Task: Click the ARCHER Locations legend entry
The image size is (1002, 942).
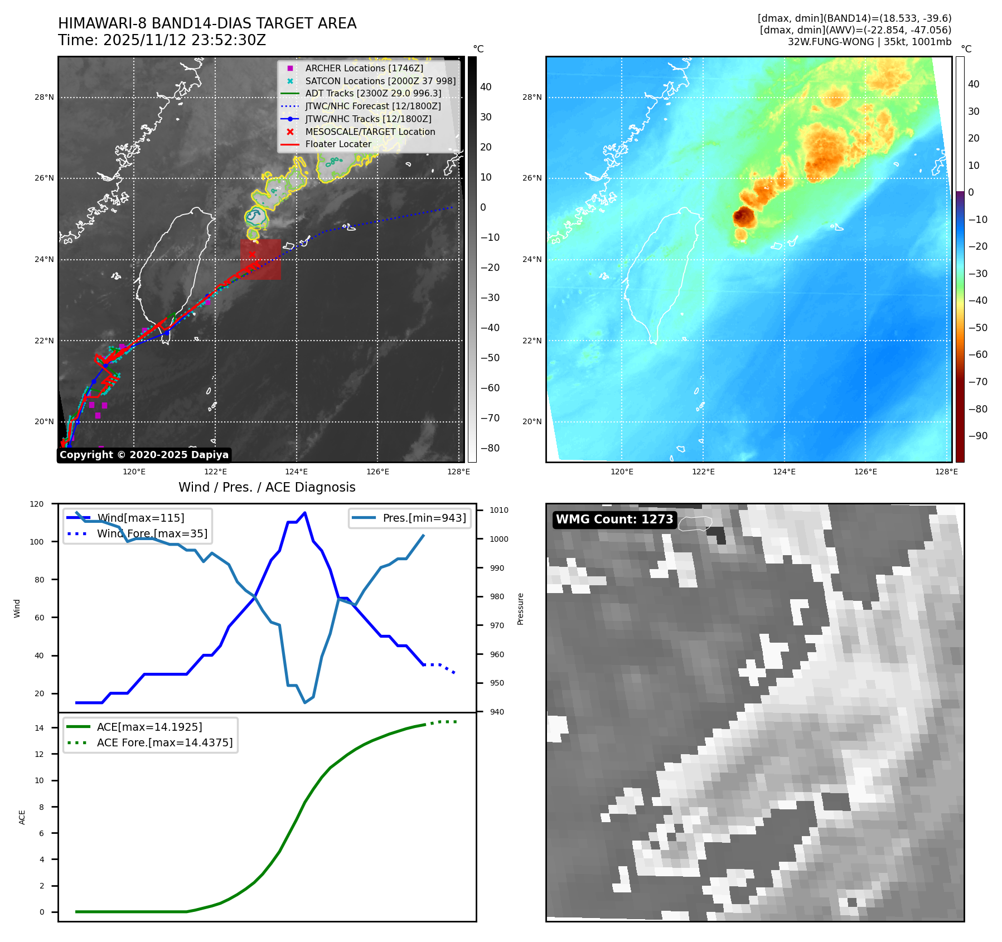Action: click(364, 68)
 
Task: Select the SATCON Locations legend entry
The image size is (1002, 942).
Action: click(380, 81)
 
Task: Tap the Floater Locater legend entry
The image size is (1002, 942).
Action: click(338, 144)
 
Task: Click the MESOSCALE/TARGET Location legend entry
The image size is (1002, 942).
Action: click(370, 132)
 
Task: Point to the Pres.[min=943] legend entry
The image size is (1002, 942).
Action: click(424, 518)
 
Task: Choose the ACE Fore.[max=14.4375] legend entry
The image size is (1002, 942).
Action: click(164, 742)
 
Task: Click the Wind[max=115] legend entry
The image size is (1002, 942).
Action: click(140, 518)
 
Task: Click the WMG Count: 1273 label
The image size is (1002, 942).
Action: click(614, 519)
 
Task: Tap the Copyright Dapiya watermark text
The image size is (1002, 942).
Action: click(144, 455)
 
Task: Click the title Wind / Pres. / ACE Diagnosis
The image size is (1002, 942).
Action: click(267, 487)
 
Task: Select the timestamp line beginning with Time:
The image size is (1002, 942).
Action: click(162, 40)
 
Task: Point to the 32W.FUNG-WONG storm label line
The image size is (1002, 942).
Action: click(869, 42)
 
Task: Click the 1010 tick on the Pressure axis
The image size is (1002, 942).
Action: click(498, 510)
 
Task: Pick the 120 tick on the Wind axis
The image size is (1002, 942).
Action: click(37, 504)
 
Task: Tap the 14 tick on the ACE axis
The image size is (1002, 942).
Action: click(39, 728)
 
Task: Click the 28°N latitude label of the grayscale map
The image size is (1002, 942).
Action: click(44, 98)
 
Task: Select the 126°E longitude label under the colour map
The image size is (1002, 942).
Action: click(865, 472)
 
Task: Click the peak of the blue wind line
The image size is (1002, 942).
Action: click(304, 513)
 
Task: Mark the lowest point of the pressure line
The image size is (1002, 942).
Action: click(305, 702)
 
